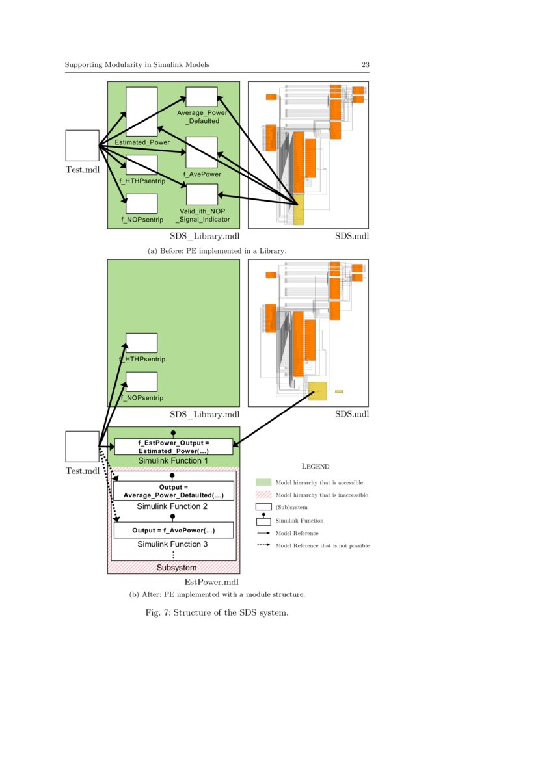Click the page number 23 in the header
tap(366, 65)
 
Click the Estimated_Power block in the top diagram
tap(141, 111)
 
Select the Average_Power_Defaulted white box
tap(201, 97)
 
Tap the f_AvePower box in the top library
tap(201, 152)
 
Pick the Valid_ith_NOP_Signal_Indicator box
tap(202, 194)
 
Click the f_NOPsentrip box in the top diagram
tap(141, 203)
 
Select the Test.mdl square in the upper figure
tap(82, 146)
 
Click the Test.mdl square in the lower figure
tap(82, 447)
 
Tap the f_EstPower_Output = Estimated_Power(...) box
tap(173, 447)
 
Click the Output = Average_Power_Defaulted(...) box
tap(173, 491)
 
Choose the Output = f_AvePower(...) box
tap(173, 531)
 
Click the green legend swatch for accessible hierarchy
tap(263, 482)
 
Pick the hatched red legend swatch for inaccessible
tap(263, 495)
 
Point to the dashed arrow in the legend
tap(263, 545)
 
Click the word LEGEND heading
tap(316, 466)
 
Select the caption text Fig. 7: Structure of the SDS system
tap(216, 612)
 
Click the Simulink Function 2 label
tap(172, 506)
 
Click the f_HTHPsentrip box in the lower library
tap(141, 343)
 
